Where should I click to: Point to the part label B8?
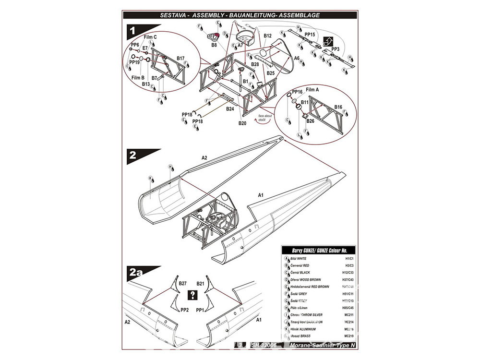pyautogui.click(x=214, y=45)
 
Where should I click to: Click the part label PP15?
pyautogui.click(x=310, y=35)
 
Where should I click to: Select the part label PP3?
pyautogui.click(x=335, y=49)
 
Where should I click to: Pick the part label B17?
pyautogui.click(x=180, y=58)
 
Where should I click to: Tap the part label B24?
pyautogui.click(x=230, y=109)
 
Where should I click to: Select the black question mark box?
pyautogui.click(x=192, y=295)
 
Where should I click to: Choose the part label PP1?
pyautogui.click(x=201, y=310)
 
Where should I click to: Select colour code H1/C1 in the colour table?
pyautogui.click(x=348, y=258)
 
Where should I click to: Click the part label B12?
pyautogui.click(x=268, y=36)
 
